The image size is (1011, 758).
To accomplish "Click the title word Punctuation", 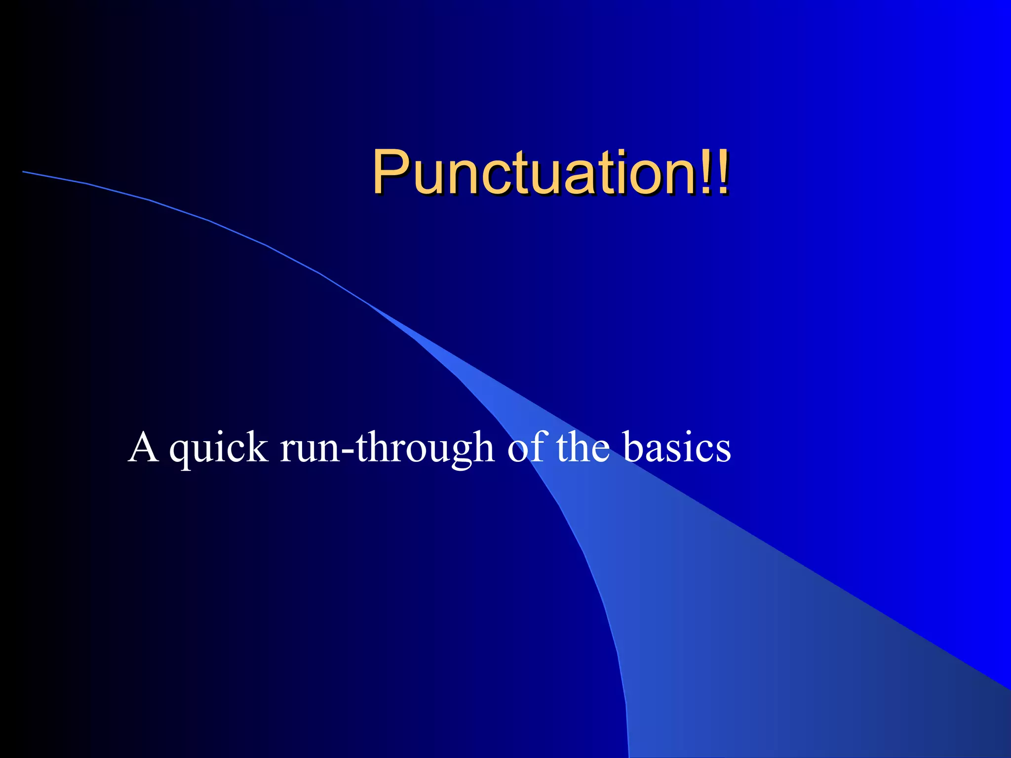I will pyautogui.click(x=533, y=173).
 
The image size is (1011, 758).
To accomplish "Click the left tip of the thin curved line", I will pyautogui.click(x=24, y=172).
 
